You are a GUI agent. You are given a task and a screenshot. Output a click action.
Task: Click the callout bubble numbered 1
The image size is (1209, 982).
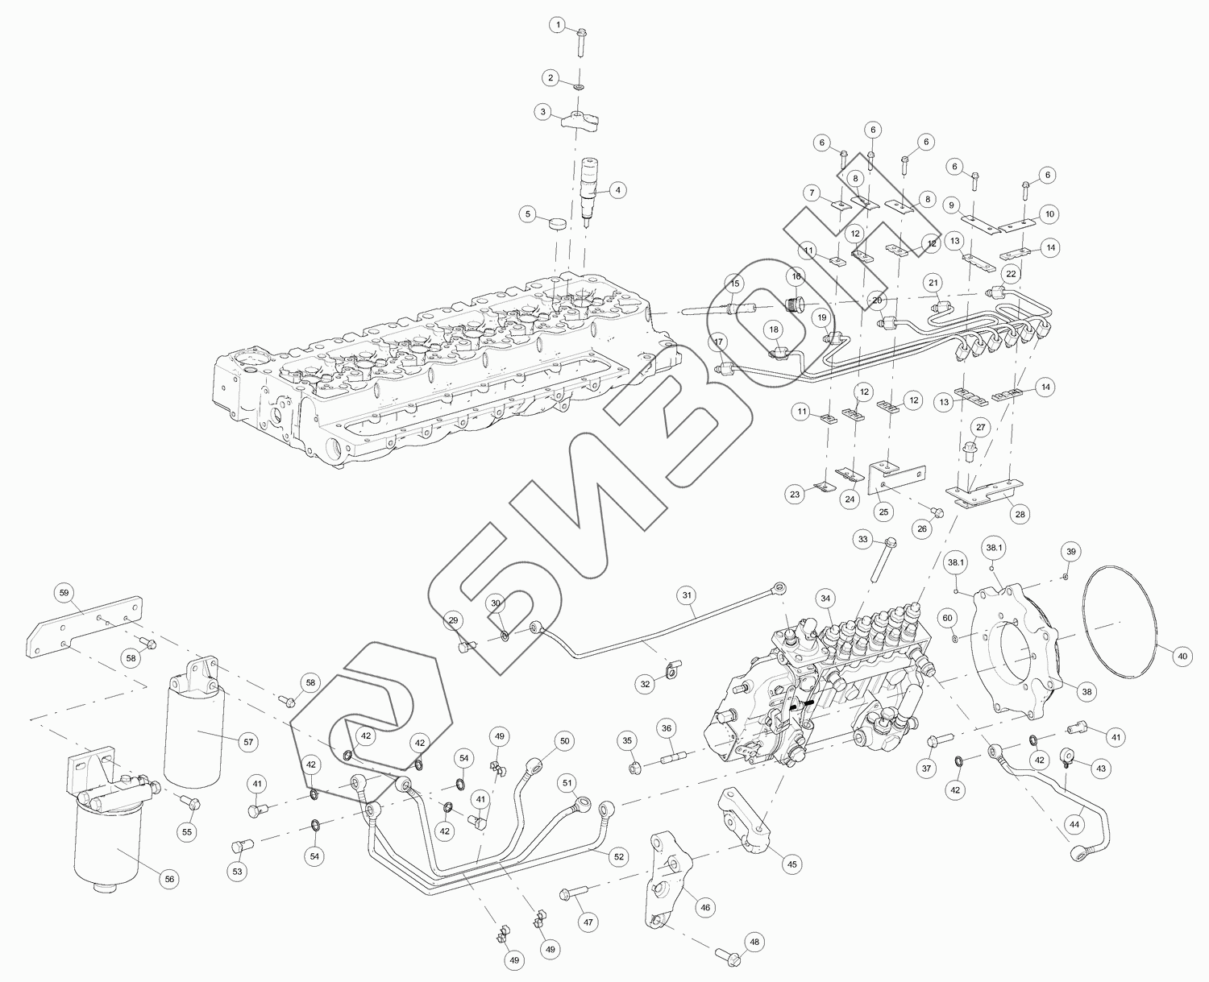point(557,26)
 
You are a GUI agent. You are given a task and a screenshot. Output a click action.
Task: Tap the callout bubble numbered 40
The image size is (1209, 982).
point(1182,657)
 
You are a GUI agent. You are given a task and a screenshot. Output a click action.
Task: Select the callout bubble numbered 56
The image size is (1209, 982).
point(169,879)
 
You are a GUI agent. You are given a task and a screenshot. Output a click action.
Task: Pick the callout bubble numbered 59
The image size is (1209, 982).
point(64,592)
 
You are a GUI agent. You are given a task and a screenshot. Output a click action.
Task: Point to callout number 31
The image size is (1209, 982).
point(687,596)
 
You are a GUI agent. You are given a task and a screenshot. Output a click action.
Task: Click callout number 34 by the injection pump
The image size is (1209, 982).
point(825,599)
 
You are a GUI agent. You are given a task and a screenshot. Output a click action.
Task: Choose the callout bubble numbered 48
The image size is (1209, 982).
point(754,941)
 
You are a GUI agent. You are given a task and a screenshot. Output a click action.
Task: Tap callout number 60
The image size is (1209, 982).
point(948,617)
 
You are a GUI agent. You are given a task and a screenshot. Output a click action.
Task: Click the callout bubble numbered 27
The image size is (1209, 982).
point(980,426)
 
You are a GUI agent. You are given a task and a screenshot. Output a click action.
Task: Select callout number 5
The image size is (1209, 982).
point(529,214)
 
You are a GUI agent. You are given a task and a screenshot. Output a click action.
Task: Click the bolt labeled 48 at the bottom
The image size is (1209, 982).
point(726,955)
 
